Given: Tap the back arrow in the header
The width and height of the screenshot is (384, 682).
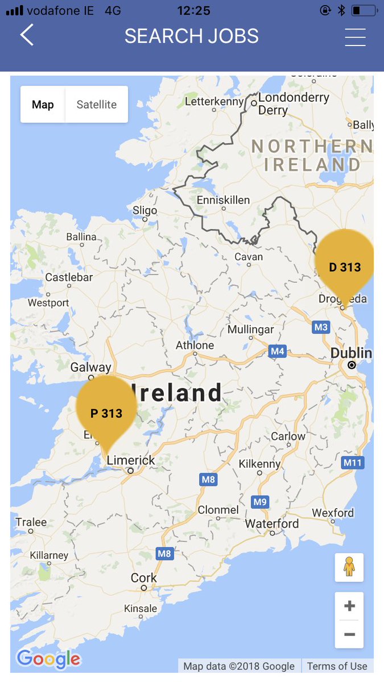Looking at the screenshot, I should pos(27,35).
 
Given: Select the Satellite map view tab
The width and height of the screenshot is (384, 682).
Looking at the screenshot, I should pos(96,105).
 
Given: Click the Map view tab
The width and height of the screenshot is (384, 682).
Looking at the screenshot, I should pos(43,105).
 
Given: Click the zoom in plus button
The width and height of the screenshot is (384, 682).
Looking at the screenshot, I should pos(349,606).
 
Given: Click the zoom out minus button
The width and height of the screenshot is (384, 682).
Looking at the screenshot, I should pos(349,634).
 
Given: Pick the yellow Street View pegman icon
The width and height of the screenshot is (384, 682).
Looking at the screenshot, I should pos(349,567).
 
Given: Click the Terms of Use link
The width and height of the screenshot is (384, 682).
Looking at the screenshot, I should pos(337,666).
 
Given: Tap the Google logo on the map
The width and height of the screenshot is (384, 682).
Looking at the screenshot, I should pos(48,659).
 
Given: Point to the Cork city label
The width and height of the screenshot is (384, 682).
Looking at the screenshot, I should pos(143,577).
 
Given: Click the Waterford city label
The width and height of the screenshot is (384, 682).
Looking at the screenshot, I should pos(271,523).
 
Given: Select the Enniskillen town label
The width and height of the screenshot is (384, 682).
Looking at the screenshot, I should pos(223,200).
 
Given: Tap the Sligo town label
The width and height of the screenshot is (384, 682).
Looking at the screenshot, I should pos(144,210).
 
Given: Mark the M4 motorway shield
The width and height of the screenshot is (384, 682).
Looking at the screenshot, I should pos(277,351).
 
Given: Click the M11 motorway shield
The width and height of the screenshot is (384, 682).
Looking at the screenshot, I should pos(353,463).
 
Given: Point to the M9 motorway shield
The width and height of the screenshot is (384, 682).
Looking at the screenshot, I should pos(259,502).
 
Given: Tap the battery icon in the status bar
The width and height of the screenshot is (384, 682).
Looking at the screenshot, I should pos(363,10).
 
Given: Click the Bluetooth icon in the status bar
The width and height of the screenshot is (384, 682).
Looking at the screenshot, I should pos(341,10).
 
